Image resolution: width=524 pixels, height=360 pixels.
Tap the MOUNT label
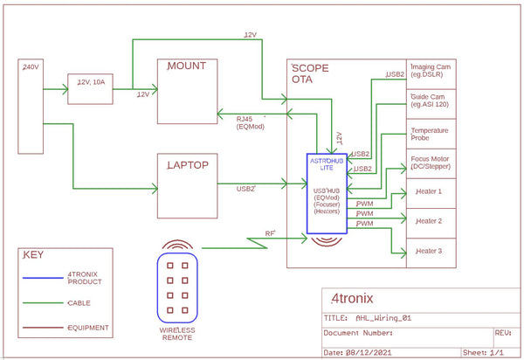click(187, 66)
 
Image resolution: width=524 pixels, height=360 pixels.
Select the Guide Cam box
click(434, 103)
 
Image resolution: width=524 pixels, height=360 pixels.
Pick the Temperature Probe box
click(434, 134)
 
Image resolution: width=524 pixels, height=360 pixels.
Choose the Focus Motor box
click(434, 163)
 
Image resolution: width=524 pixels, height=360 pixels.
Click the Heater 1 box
click(434, 192)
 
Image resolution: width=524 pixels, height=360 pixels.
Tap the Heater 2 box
click(434, 222)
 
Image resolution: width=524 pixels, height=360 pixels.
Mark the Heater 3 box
click(434, 252)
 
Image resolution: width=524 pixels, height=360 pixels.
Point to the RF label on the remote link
click(271, 234)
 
